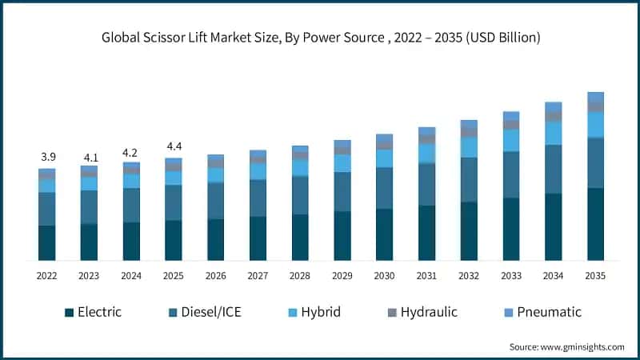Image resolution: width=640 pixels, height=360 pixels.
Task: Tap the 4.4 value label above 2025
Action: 174,146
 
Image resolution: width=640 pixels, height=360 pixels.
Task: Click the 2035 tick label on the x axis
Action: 595,275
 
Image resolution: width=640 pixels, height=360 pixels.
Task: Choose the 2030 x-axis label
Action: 384,275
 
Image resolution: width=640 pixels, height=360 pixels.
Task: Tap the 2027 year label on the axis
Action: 258,275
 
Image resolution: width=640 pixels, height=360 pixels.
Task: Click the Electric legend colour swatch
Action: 70,312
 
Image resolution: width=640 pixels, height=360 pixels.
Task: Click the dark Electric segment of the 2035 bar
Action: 595,224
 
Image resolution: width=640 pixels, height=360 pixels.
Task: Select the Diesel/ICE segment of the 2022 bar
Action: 46,209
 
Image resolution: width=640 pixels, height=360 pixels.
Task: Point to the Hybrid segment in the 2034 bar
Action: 553,133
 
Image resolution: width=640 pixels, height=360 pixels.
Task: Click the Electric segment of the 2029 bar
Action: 342,235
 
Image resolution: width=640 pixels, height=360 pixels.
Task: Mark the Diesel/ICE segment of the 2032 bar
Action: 469,180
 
